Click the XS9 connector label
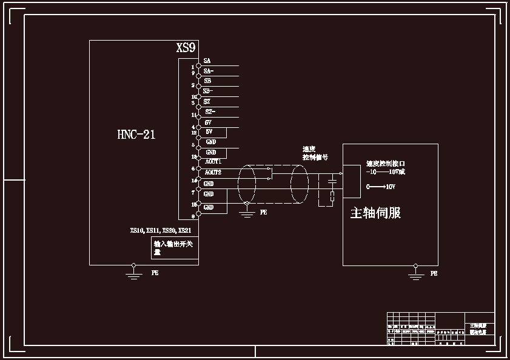186,48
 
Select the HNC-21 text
136,135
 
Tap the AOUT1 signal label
213,162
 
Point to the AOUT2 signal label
213,172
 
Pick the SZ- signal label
210,112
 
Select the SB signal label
207,81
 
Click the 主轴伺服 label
375,213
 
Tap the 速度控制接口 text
385,164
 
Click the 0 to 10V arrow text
381,187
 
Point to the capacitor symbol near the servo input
332,181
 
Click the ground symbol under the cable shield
246,211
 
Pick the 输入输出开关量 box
175,248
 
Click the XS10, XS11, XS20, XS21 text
161,231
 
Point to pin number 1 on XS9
192,67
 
